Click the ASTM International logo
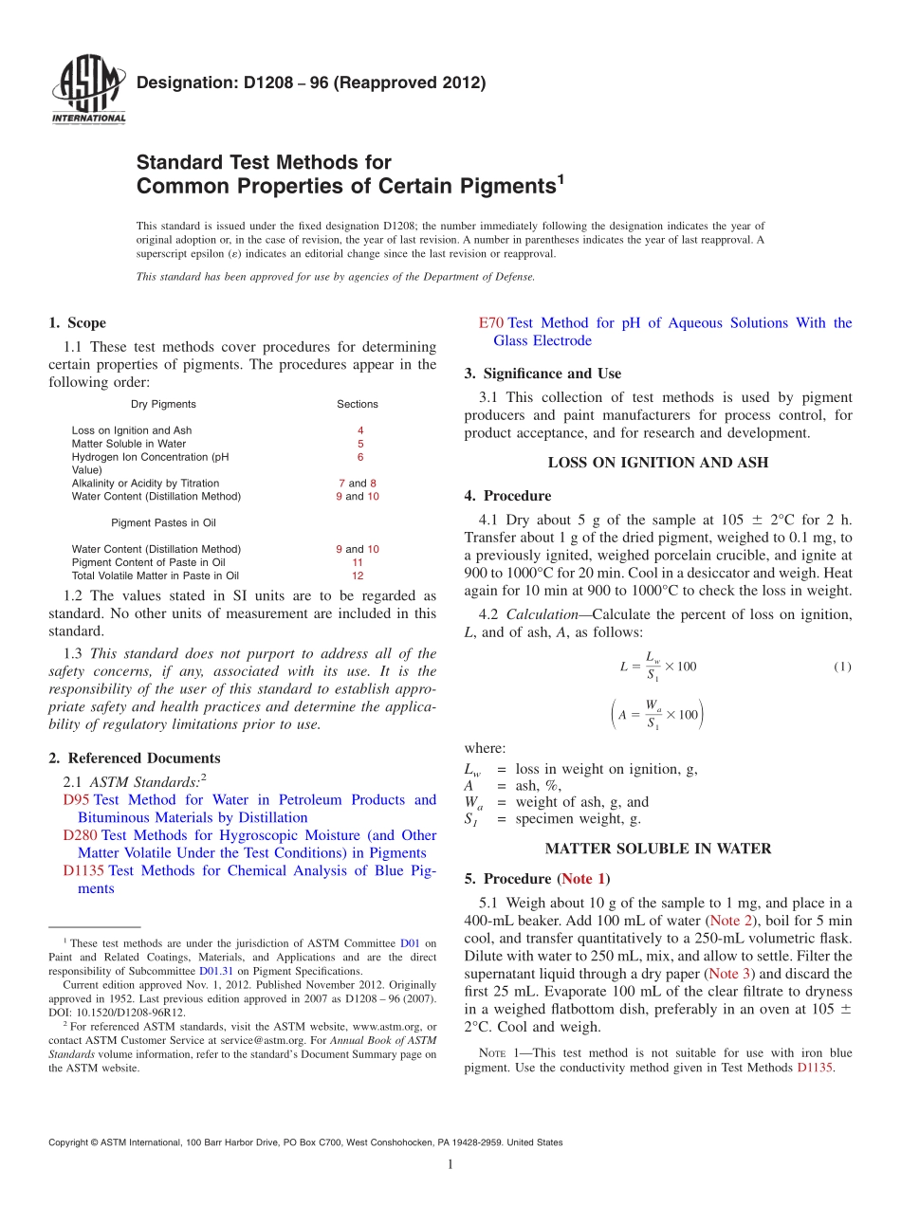[x=87, y=91]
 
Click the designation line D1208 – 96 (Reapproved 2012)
[x=311, y=82]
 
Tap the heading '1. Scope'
[x=78, y=323]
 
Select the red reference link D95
[x=76, y=800]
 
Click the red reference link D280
[x=81, y=835]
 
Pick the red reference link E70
[x=491, y=323]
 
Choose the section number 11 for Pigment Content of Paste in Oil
[x=358, y=562]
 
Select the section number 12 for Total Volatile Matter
[x=358, y=576]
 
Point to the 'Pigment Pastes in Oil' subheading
[x=163, y=522]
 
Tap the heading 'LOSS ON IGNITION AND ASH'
[x=657, y=464]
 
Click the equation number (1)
[x=842, y=667]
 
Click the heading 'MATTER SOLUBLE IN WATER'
[x=658, y=849]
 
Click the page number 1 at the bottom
[x=450, y=1165]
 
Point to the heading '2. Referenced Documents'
[x=135, y=758]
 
